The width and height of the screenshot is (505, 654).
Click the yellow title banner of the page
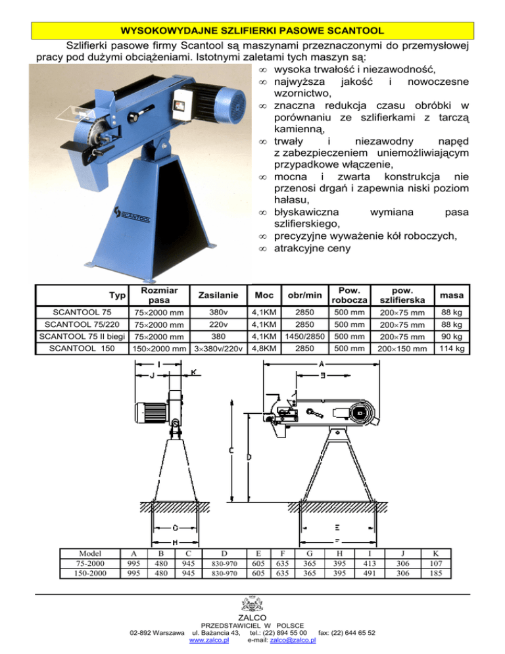[x=252, y=30]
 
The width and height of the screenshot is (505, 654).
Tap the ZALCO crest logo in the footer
[x=252, y=603]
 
